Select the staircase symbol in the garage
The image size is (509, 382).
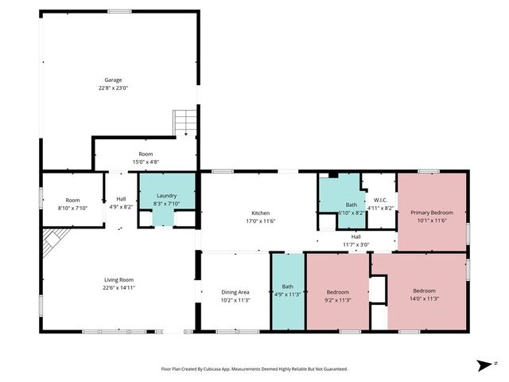click(185, 123)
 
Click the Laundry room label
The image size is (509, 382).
click(166, 195)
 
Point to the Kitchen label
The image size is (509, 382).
click(261, 213)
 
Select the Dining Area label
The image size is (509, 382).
click(235, 292)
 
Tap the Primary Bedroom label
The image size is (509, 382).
click(432, 212)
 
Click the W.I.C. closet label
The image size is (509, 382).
click(380, 200)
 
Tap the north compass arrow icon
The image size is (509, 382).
click(483, 365)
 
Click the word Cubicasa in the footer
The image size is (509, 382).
click(216, 369)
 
